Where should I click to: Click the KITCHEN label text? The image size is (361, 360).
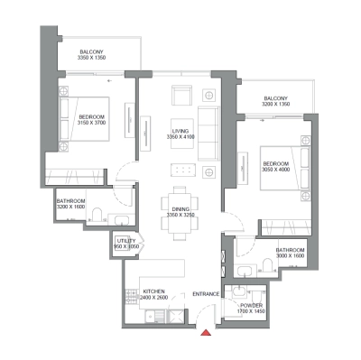pos(154,291)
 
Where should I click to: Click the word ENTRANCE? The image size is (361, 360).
pos(208,295)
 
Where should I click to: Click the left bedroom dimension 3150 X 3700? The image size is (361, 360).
pos(92,125)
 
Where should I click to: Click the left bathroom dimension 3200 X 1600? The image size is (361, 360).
pos(71,207)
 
